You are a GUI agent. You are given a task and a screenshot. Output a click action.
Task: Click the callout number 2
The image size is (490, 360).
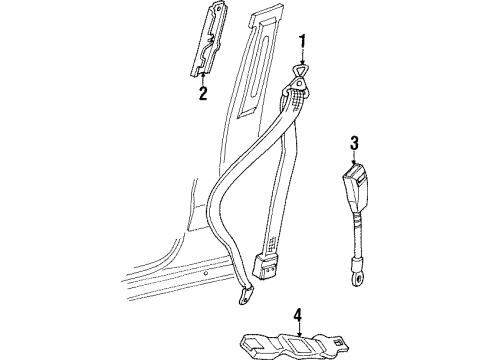[203, 95]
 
